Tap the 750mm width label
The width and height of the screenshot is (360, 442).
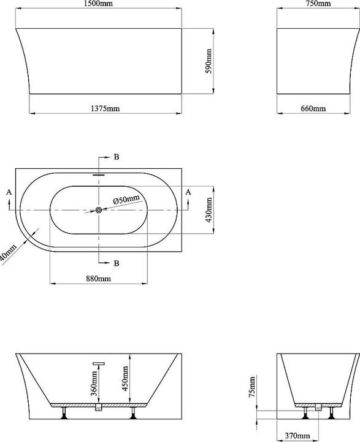click(314, 4)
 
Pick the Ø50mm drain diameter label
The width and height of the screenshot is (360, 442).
click(126, 200)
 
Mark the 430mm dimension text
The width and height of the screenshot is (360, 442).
click(209, 209)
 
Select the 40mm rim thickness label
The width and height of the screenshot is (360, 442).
click(7, 253)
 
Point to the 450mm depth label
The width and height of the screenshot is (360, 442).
click(124, 379)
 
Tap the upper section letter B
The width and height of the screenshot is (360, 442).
click(116, 157)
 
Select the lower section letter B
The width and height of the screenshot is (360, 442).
click(116, 263)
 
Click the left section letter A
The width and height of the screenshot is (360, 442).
click(9, 192)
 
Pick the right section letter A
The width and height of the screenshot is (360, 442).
click(188, 192)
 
